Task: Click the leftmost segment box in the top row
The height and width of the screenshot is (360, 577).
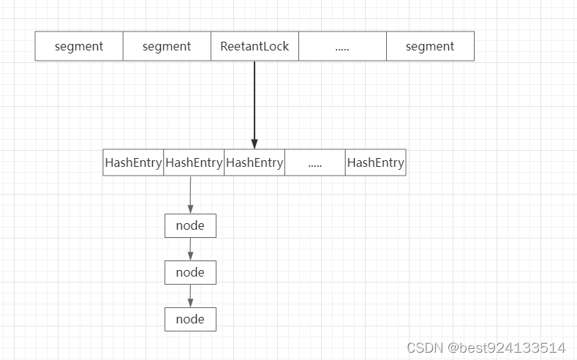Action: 79,46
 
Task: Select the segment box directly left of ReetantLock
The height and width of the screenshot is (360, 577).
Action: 167,46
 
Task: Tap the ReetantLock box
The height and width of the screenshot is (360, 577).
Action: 254,46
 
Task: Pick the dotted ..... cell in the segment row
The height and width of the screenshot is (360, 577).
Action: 342,46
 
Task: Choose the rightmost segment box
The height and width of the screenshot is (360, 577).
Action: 430,46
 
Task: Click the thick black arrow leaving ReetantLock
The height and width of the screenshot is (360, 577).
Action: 254,102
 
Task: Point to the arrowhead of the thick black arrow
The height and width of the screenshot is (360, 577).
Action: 254,144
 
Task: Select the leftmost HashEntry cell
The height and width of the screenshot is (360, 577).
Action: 133,162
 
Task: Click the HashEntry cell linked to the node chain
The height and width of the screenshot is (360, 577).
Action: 194,162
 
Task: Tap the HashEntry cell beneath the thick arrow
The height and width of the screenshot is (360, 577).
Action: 254,162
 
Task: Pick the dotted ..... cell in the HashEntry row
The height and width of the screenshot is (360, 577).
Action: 315,162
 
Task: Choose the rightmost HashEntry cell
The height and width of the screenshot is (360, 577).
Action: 375,162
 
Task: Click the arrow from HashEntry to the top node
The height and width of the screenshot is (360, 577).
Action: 190,194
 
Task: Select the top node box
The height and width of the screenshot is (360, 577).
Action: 190,225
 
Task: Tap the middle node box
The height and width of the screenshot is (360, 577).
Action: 190,272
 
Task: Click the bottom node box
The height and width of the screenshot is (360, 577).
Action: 190,319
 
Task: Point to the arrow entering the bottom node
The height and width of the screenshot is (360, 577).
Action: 190,296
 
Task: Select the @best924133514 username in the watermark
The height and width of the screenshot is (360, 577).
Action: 508,347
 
